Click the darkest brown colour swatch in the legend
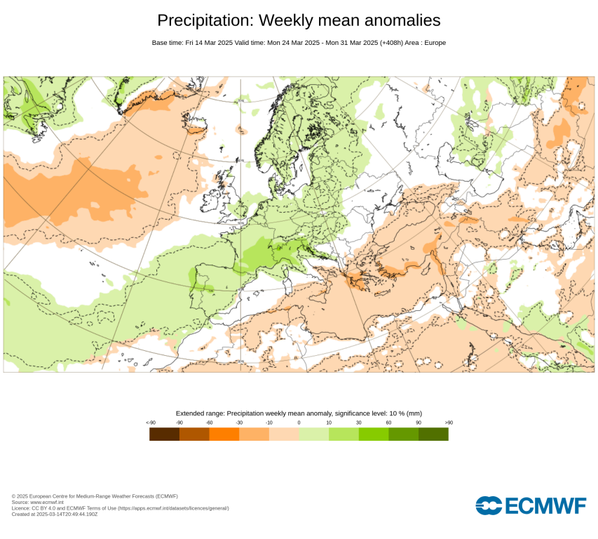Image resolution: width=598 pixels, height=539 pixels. click(x=164, y=434)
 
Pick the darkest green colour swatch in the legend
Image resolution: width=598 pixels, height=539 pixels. click(x=433, y=434)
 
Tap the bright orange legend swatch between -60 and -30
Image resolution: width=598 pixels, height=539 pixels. click(x=224, y=434)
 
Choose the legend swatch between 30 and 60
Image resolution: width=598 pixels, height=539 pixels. click(x=374, y=434)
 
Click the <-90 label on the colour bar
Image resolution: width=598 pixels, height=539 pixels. click(x=150, y=422)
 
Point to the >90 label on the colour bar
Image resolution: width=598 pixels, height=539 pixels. click(x=449, y=422)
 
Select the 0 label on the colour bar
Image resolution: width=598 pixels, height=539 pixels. click(x=299, y=422)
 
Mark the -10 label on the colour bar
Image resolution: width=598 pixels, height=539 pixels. click(x=269, y=422)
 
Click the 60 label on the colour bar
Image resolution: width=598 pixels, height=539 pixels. click(x=388, y=422)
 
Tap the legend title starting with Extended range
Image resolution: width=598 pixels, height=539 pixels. click(x=299, y=413)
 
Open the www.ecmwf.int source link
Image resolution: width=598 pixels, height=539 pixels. click(x=47, y=502)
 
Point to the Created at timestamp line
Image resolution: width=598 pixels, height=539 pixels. click(x=55, y=514)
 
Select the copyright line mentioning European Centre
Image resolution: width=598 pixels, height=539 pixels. click(x=95, y=496)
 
